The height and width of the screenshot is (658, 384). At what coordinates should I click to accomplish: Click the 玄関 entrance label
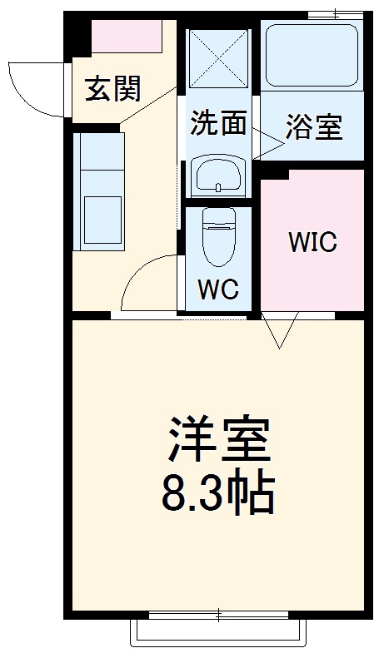pos(112,88)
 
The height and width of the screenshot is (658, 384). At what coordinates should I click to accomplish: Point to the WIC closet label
pos(312,242)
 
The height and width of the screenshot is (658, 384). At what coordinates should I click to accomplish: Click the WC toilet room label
pos(218,290)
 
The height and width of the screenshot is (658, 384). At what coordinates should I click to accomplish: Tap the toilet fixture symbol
pos(219,238)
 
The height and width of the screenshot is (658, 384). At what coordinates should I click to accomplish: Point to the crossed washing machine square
pos(218,58)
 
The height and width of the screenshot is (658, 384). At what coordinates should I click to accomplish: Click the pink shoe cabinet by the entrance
pos(127,37)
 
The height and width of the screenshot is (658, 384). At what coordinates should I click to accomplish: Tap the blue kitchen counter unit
pos(98,190)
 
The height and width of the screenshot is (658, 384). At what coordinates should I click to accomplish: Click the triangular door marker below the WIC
pos(280,329)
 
